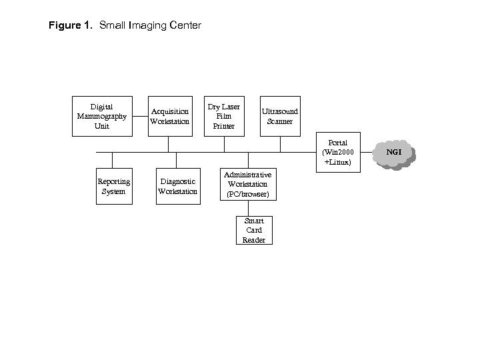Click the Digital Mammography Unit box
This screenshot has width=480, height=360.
[x=101, y=116]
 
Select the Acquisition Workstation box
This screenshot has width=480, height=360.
[x=169, y=116]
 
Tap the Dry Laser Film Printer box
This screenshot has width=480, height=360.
[x=223, y=116]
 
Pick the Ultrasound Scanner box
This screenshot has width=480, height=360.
[x=280, y=116]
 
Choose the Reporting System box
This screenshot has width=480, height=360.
[x=113, y=186]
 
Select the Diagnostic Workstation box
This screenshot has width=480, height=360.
[x=177, y=186]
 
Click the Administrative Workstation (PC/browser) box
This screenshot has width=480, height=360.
[x=247, y=184]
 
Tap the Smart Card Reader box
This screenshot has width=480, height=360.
[x=254, y=230]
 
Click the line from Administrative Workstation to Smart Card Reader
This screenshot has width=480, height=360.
[x=248, y=208]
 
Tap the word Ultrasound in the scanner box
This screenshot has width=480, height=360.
[x=280, y=111]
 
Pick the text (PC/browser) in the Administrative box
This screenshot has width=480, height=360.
[x=247, y=194]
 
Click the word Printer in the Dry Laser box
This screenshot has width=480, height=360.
[x=223, y=125]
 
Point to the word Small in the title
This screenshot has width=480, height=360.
[x=113, y=26]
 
